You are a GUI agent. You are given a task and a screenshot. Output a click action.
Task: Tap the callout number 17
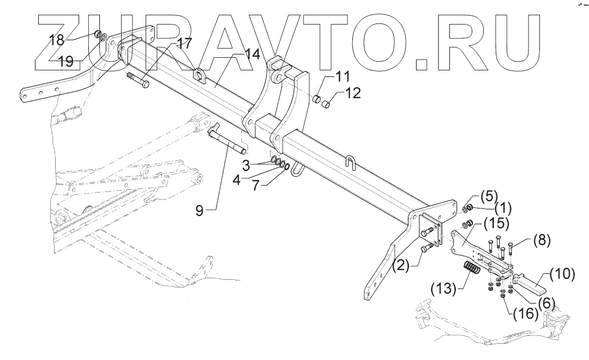point(184,42)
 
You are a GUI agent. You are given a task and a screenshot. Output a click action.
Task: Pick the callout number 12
point(353,93)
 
